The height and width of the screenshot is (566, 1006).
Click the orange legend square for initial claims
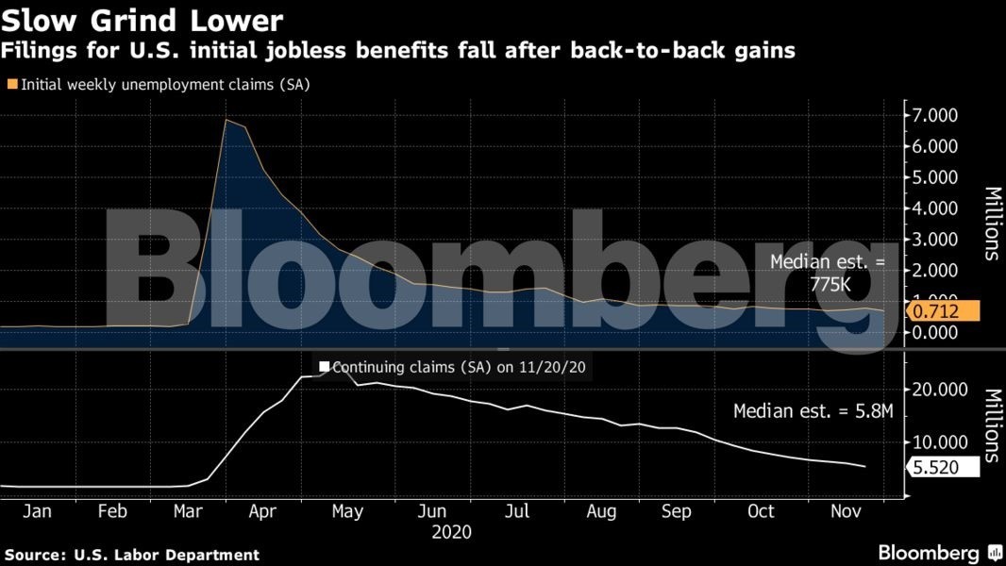(12, 84)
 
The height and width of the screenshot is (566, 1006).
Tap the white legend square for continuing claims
(325, 367)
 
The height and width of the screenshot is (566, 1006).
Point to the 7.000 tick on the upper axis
(932, 115)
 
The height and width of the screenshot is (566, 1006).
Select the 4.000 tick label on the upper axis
(932, 208)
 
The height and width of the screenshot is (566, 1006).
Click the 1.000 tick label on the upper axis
(932, 301)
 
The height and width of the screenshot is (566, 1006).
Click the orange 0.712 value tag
(944, 310)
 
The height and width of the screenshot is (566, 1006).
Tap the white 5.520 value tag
(944, 466)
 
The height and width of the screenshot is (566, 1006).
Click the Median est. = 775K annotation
(829, 273)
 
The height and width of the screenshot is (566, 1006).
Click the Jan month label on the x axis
(36, 511)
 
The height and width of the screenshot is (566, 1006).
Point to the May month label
(348, 511)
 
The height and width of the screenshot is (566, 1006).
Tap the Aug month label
(601, 511)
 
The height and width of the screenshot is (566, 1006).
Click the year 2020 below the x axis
(451, 532)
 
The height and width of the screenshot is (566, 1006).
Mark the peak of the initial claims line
(226, 120)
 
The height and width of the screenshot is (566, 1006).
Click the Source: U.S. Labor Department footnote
(132, 555)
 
